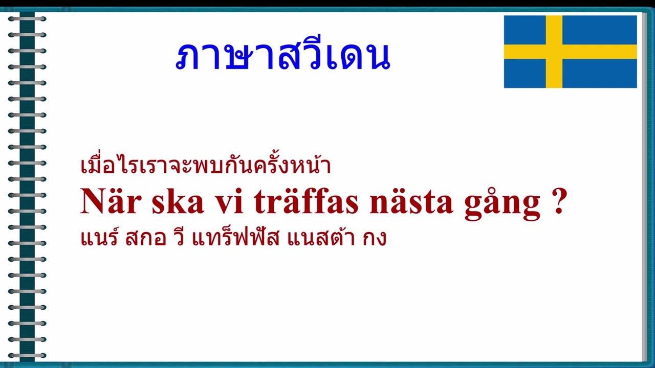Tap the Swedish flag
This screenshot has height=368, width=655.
pyautogui.click(x=570, y=52)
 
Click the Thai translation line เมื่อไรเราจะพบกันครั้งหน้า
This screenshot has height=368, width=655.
pyautogui.click(x=206, y=166)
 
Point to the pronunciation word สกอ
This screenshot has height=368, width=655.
pyautogui.click(x=146, y=238)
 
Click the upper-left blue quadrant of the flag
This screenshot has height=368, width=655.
pyautogui.click(x=525, y=30)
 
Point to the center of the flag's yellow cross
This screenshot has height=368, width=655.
pyautogui.click(x=554, y=52)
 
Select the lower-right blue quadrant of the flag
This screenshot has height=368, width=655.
pyautogui.click(x=600, y=73)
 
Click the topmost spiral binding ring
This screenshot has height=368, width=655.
pyautogui.click(x=27, y=19)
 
